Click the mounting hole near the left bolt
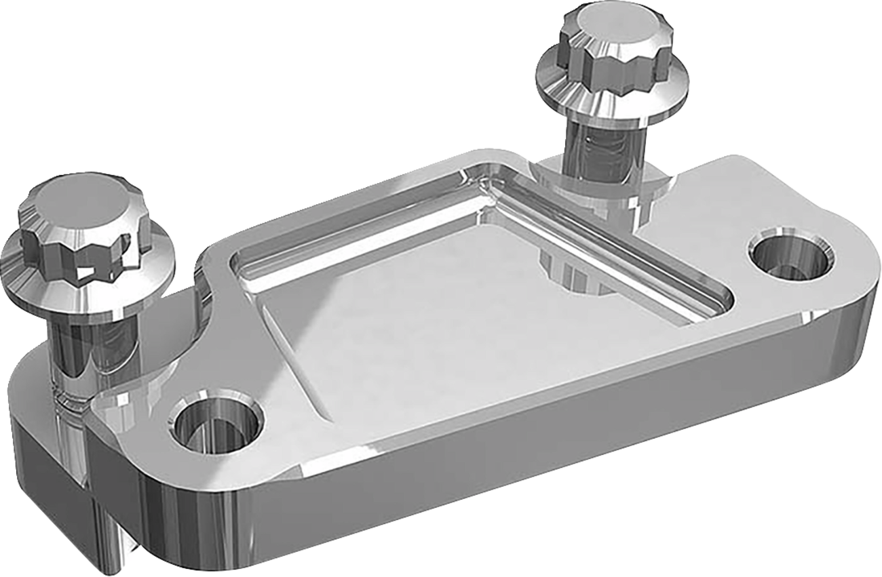(x=216, y=426)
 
